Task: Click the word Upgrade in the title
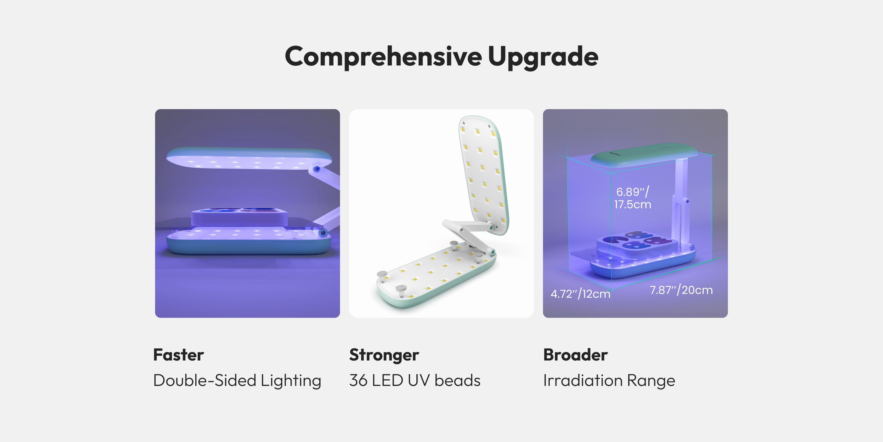click(x=543, y=57)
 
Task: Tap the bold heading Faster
click(x=179, y=355)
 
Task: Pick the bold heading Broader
click(x=576, y=355)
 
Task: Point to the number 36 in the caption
click(x=358, y=381)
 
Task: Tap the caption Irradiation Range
click(x=609, y=381)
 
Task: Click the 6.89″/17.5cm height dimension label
click(x=632, y=198)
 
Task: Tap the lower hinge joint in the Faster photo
click(x=322, y=233)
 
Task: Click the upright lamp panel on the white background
click(x=484, y=175)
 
